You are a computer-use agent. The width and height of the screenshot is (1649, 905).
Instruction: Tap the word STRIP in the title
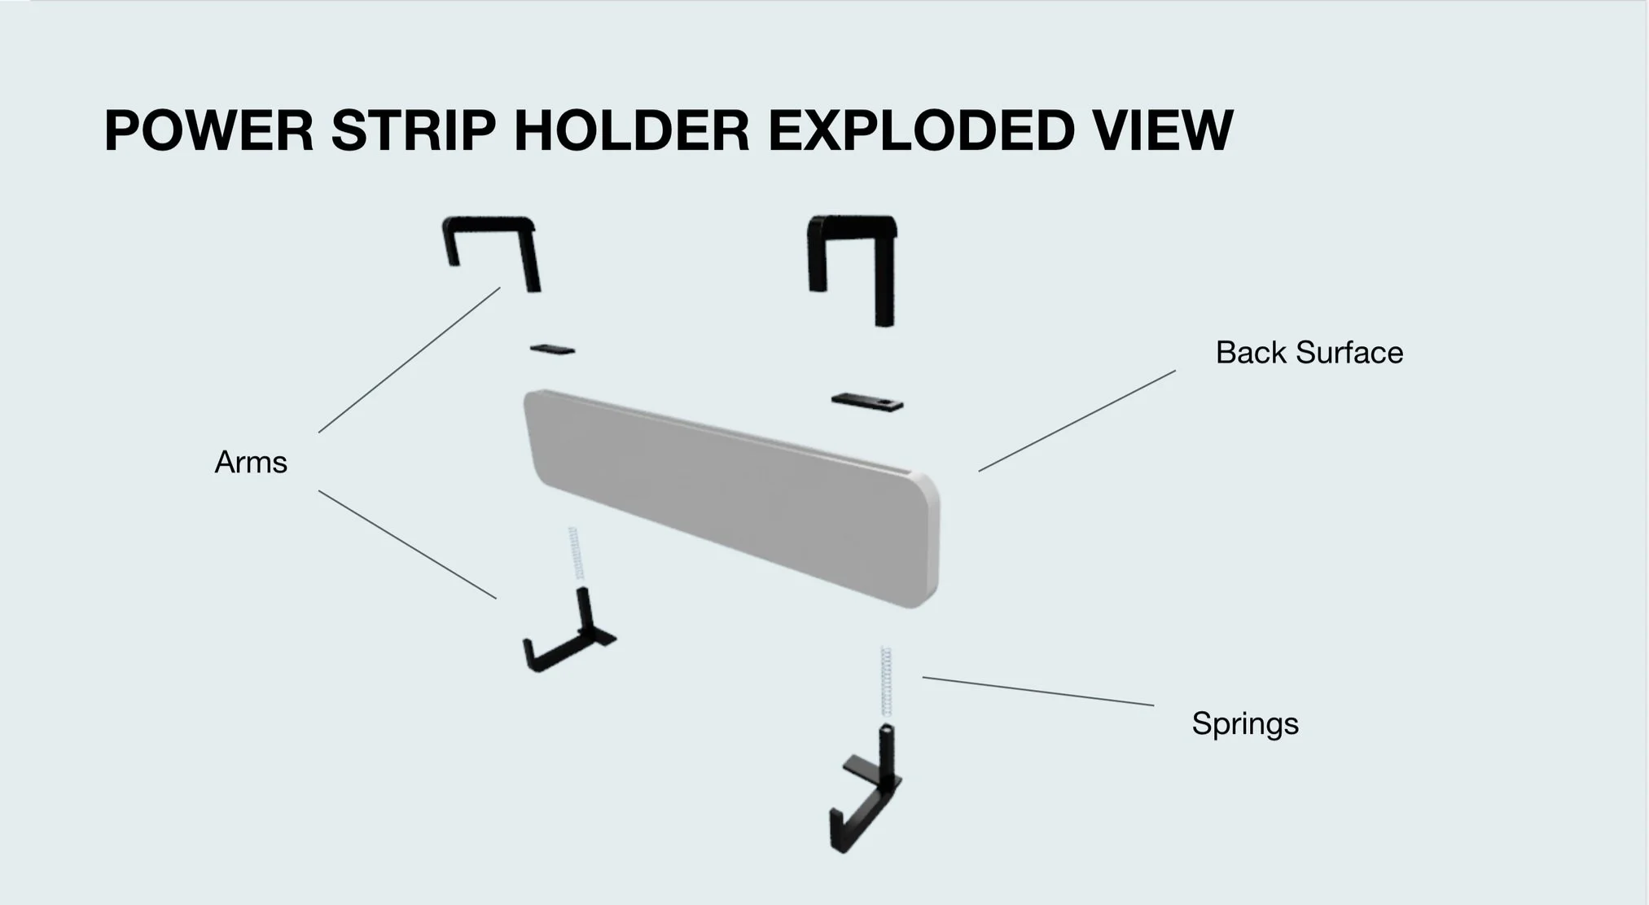coord(413,131)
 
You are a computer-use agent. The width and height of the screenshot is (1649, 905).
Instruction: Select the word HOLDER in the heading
coord(631,131)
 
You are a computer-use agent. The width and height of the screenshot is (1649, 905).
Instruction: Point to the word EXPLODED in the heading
coord(921,131)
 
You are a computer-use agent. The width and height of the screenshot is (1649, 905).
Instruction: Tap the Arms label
coord(251,463)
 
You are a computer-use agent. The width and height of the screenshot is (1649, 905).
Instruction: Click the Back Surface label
coord(1309,353)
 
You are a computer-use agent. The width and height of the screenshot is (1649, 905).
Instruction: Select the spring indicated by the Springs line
coord(886,681)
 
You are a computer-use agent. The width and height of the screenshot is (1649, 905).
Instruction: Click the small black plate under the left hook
coord(552,349)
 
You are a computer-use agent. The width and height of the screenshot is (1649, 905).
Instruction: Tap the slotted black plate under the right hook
coord(866,402)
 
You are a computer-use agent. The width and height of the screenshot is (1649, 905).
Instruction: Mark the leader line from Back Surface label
coord(1077,421)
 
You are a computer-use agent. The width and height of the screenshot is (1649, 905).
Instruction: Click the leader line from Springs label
coord(1038,692)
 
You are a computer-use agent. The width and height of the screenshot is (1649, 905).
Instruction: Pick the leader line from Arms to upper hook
coord(409,360)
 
